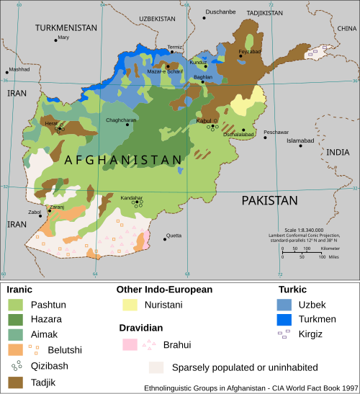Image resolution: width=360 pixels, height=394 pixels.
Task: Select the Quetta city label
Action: pos(174,236)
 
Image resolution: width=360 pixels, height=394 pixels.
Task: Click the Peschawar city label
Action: pos(276,132)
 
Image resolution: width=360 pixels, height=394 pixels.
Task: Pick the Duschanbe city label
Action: pos(220,12)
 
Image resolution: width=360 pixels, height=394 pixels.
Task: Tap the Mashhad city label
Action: pos(19,70)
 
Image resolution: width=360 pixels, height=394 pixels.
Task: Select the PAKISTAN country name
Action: pos(269,200)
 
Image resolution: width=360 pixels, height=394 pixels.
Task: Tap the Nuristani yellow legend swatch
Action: pos(130,305)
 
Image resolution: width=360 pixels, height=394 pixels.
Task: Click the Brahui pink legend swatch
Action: pos(130,345)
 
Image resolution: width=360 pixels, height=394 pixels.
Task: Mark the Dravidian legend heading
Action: pos(140,328)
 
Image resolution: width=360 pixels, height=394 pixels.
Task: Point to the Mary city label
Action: pos(63,37)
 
